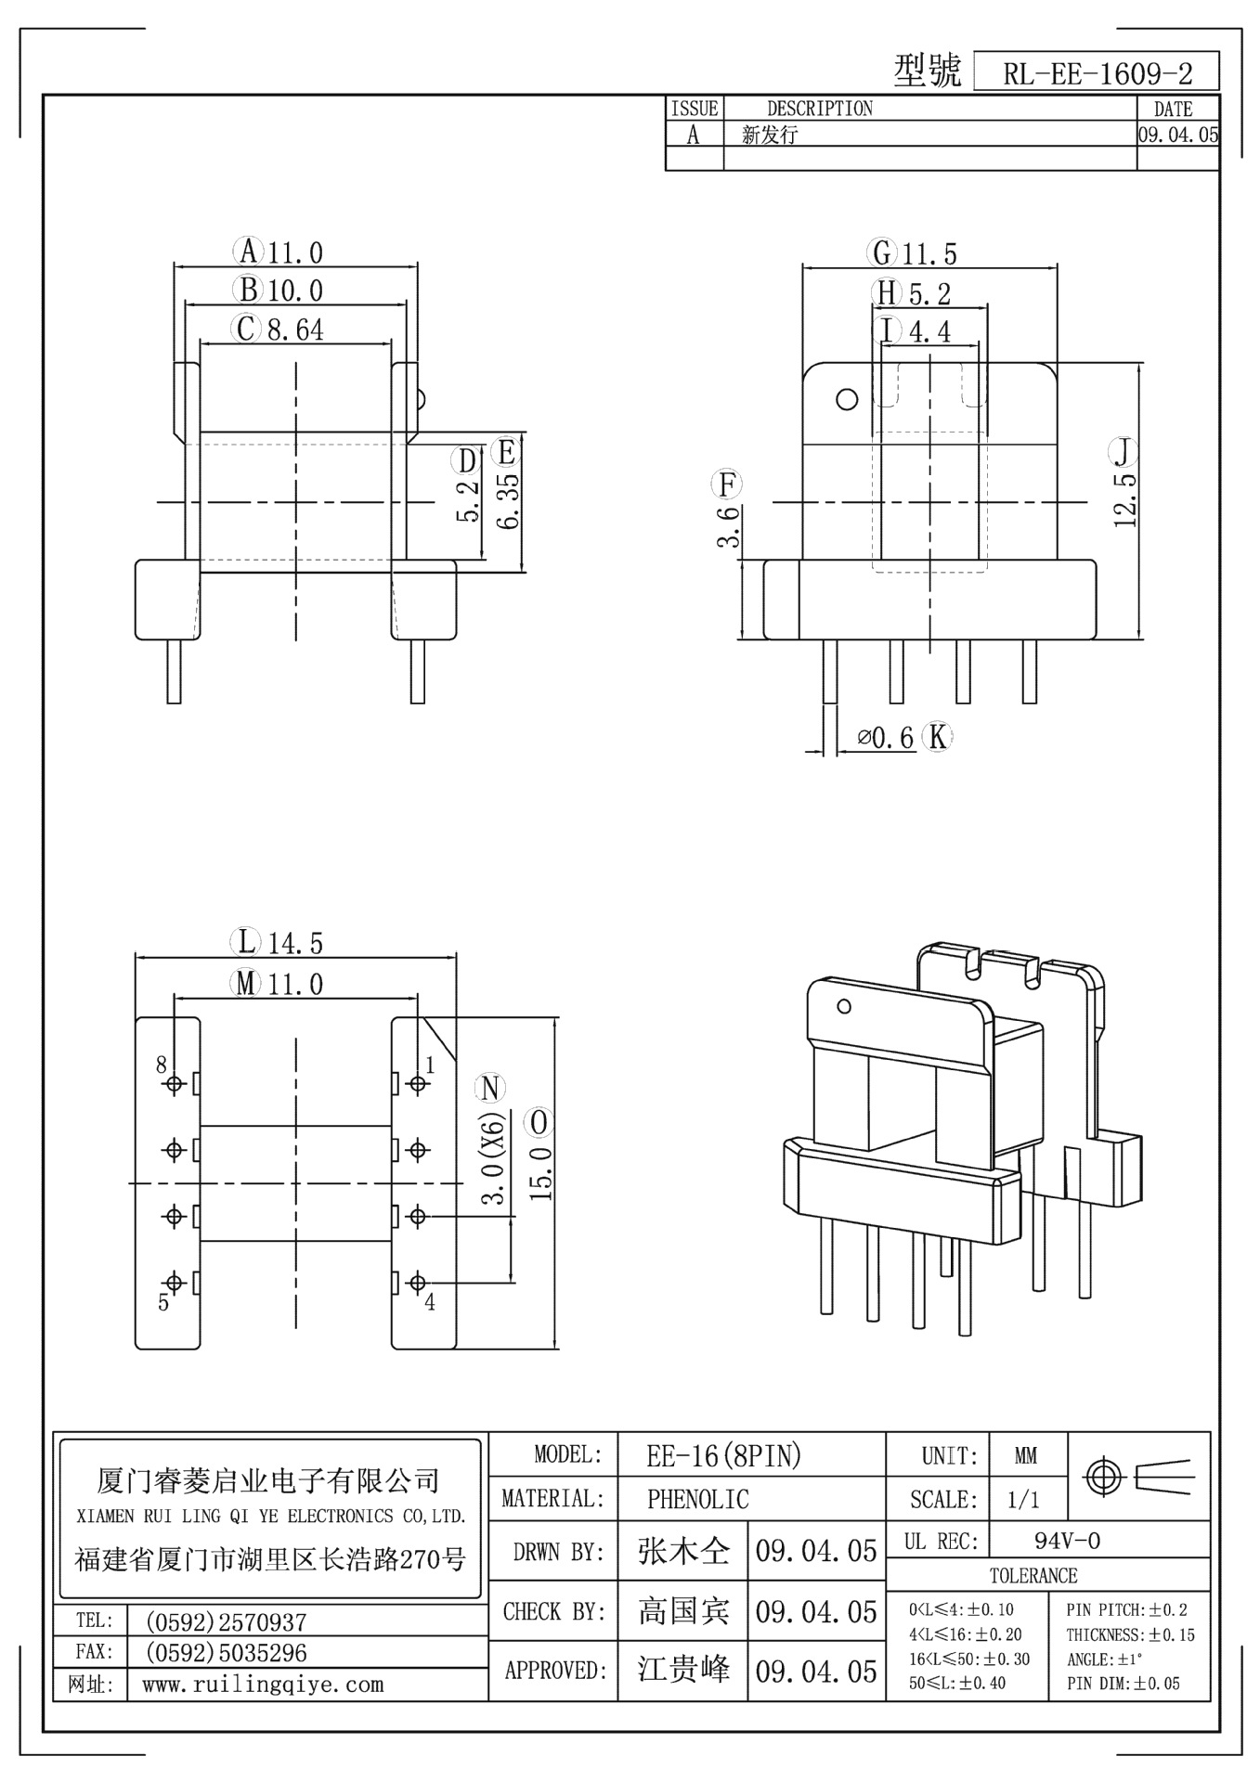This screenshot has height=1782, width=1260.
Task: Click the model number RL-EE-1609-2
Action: [x=1097, y=72]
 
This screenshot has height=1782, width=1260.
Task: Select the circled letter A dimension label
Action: [x=248, y=252]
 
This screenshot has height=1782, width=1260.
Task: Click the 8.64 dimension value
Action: [x=295, y=329]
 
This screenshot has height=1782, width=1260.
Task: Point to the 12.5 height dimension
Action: [x=1125, y=499]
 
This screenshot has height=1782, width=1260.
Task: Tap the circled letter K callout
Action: [x=938, y=737]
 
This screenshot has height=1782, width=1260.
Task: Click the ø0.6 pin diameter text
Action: [x=886, y=738]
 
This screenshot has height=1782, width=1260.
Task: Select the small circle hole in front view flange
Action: [x=846, y=399]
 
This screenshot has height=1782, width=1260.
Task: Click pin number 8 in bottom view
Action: [x=162, y=1064]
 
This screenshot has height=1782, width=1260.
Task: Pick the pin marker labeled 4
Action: [x=418, y=1283]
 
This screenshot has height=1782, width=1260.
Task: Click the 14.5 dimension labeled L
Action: [x=295, y=943]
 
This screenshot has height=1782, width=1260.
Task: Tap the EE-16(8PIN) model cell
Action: [x=723, y=1455]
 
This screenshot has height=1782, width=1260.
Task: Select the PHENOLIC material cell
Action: [x=697, y=1498]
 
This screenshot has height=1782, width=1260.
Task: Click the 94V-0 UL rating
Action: [x=1067, y=1541]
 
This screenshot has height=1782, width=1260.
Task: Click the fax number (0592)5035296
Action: [x=226, y=1652]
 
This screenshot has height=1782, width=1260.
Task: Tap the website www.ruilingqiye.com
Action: [x=262, y=1684]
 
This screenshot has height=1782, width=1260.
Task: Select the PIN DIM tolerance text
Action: [x=1123, y=1683]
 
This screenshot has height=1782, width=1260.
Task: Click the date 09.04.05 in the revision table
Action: [x=1177, y=135]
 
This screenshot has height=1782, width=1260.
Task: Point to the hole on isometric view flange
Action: [x=844, y=1006]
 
